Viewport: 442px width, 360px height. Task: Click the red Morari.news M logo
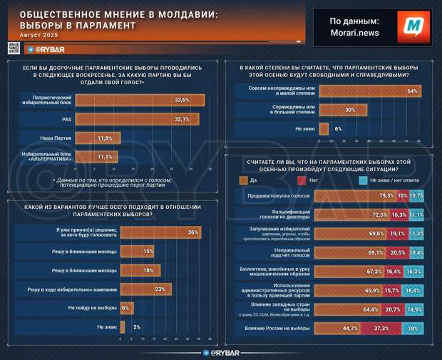pos(413,26)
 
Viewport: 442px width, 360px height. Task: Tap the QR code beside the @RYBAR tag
pos(14,48)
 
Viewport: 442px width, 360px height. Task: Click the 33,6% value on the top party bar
pos(182,101)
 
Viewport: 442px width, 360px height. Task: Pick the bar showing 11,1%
pos(99,156)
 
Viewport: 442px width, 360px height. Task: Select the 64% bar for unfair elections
pos(369,91)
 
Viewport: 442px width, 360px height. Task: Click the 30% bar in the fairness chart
pos(343,110)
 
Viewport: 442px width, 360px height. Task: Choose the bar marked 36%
pos(160,232)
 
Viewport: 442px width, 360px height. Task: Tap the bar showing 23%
pos(145,289)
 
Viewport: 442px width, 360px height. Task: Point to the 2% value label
pos(136,326)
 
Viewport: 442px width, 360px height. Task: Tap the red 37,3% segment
pos(380,328)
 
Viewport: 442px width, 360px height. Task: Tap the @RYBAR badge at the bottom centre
pos(222,352)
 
